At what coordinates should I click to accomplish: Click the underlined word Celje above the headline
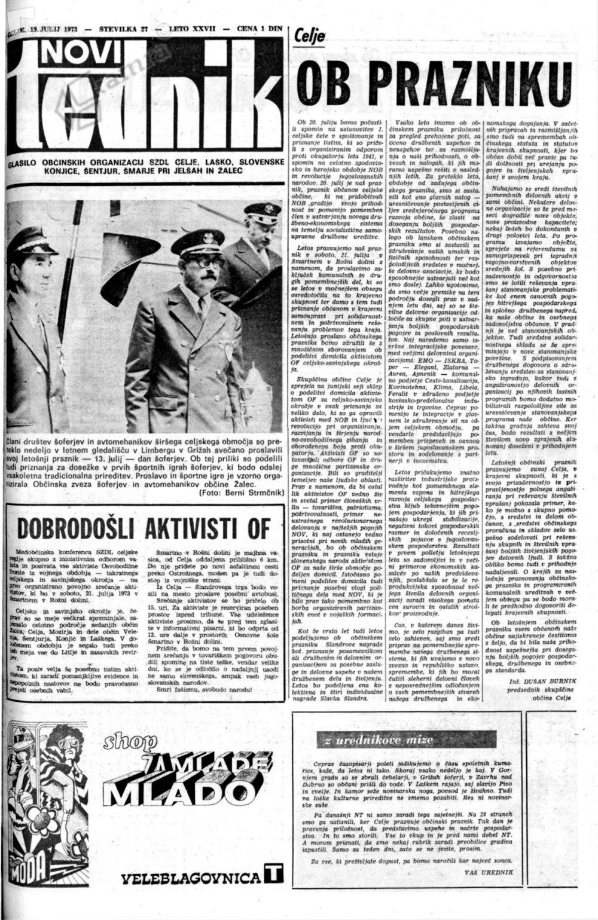(310, 37)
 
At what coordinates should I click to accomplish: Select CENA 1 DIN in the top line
(259, 28)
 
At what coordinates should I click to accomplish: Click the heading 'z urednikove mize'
(362, 741)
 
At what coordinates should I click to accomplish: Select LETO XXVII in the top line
(196, 28)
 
